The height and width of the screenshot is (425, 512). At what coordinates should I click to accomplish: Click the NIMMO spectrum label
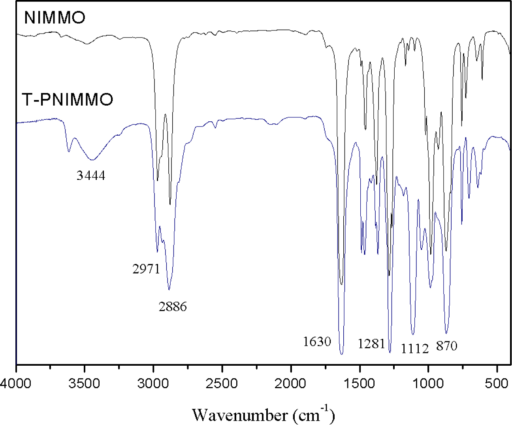coord(55,18)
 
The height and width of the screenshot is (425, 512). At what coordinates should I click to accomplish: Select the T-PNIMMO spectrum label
coord(68,99)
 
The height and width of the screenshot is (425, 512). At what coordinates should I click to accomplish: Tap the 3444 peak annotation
coord(91,175)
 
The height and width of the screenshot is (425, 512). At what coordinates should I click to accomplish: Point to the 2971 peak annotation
coord(146,269)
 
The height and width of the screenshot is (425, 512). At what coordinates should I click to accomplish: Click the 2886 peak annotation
coord(173,306)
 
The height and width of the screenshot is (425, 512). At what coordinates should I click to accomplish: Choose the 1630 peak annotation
coord(317,342)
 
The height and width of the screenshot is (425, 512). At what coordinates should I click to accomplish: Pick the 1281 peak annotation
coord(371,344)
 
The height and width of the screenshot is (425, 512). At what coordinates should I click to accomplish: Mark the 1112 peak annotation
coord(415,349)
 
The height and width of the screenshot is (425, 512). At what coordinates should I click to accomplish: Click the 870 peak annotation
coord(447,346)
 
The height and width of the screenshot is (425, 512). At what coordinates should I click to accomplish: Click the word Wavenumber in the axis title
coord(240,415)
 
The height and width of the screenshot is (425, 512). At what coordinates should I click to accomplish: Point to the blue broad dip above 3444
coord(92,160)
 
